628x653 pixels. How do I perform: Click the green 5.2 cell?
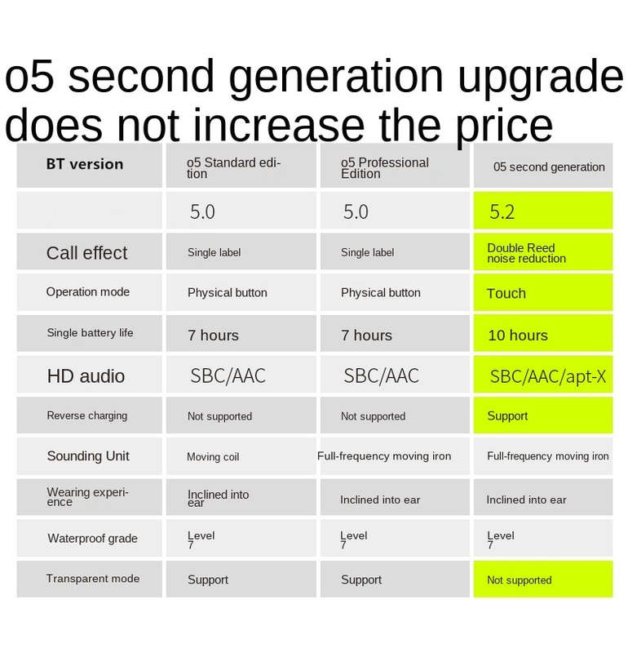[543, 211]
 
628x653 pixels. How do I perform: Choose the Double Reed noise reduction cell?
[543, 251]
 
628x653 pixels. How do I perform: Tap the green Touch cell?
[543, 292]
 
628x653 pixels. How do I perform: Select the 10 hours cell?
[543, 333]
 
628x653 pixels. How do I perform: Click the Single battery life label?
[90, 333]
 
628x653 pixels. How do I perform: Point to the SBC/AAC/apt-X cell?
[543, 375]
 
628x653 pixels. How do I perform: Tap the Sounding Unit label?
[88, 456]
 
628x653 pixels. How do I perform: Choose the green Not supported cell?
[543, 580]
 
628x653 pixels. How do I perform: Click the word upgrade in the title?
[541, 77]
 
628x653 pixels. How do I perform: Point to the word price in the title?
[504, 125]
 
